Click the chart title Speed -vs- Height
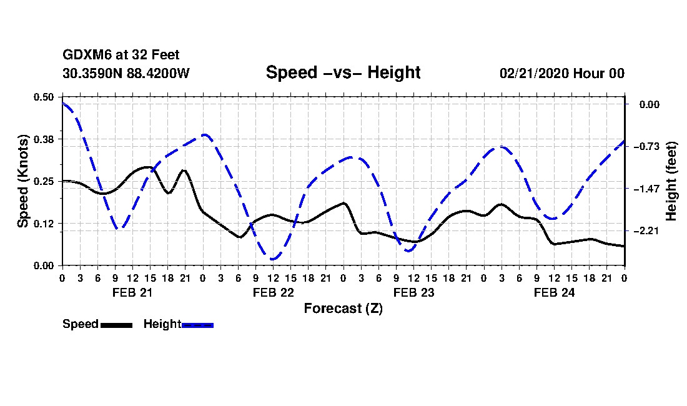coord(343,72)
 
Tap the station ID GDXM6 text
coord(82,56)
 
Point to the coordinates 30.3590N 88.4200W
coord(126,73)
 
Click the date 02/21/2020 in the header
coord(535,73)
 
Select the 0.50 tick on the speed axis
coord(44,97)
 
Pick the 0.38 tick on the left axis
coord(44,139)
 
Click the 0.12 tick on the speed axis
coord(44,224)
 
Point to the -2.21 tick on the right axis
coord(649,231)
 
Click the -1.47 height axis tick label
coord(649,189)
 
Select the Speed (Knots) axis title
coord(22,181)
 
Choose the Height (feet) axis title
coord(671,181)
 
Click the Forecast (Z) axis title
coord(343,309)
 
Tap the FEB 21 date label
coord(132,292)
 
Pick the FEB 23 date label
coord(413,292)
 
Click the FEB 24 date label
coord(554,292)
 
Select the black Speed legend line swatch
coord(116,325)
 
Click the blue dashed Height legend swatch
coord(197,325)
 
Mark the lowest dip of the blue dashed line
coord(272,259)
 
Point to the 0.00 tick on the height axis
coord(650,104)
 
